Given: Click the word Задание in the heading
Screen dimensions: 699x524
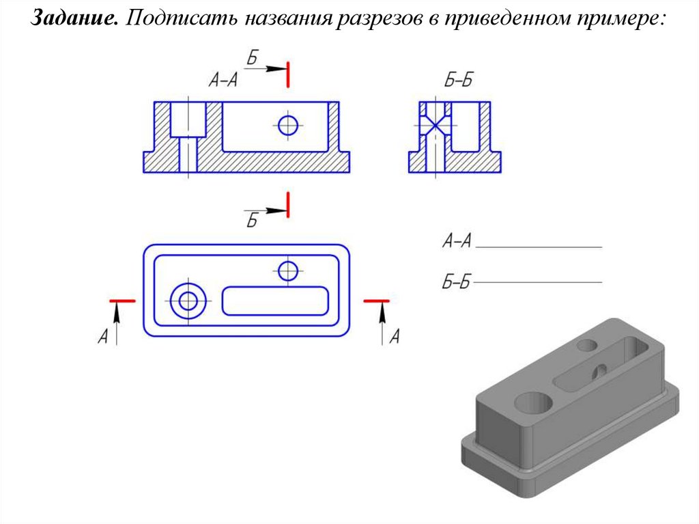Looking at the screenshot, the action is pos(74,18).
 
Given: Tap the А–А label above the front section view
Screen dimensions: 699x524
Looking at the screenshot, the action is pos(223,81).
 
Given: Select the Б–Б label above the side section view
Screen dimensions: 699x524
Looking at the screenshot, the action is pos(458,81).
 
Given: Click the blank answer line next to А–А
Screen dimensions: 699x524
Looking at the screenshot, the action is pos(539,247).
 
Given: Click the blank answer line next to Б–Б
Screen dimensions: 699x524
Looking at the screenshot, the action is pos(538,282).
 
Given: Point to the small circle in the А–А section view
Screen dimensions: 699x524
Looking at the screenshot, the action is pos(288,125).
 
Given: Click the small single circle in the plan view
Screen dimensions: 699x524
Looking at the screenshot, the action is pos(288,271).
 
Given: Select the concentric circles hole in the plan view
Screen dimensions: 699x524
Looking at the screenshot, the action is pos(188,301).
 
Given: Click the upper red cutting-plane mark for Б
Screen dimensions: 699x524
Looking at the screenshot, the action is pos(288,74).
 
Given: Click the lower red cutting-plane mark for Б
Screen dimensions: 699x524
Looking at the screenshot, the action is pos(288,205).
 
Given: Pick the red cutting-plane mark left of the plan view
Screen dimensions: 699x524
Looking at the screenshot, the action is pos(122,301).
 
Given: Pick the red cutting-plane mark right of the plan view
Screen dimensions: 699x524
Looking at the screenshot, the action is pos(377,301).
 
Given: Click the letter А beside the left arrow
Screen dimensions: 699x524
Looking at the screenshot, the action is pos(103,336).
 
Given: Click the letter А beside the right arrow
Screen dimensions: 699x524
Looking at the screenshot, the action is pos(395,336).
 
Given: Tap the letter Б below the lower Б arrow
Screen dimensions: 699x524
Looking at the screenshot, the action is pos(253,221).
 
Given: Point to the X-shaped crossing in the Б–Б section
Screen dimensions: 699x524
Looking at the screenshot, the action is pos(436,125).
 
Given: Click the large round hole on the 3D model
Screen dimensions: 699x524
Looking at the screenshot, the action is pos(534,402).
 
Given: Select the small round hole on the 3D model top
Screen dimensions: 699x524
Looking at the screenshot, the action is pos(587,345).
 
